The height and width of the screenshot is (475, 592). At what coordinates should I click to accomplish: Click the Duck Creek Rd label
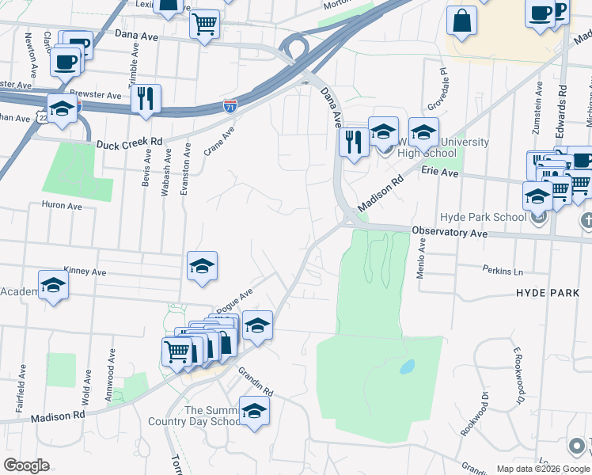129,144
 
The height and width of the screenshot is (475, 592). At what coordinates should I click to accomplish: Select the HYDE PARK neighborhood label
548,293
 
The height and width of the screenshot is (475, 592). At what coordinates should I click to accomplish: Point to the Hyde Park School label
484,218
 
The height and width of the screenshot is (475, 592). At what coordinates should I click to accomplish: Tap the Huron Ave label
62,206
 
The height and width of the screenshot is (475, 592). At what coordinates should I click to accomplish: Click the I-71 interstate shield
230,104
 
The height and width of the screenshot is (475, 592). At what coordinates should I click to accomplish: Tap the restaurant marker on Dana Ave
351,142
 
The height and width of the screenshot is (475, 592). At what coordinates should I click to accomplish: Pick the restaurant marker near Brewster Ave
146,98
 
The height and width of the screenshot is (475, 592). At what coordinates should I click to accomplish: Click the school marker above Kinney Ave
201,267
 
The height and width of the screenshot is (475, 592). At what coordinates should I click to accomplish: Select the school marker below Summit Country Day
254,411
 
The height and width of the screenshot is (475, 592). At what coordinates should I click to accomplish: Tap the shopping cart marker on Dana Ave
204,24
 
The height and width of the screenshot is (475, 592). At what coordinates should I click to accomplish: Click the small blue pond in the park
407,367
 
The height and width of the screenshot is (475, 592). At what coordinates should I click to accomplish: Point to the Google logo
26,465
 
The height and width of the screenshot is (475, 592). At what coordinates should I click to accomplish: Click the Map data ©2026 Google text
543,469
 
